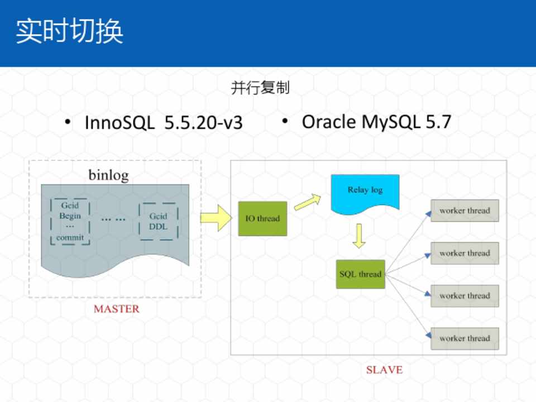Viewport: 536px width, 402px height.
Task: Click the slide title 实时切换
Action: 69,31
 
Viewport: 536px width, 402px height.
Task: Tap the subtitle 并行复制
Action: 260,88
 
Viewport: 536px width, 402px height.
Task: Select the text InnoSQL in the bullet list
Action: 119,122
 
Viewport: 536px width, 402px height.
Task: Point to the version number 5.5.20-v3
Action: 203,122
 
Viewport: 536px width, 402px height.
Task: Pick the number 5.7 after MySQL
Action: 438,122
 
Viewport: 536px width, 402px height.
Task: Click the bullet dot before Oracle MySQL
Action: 285,121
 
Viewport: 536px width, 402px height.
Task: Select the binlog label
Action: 108,175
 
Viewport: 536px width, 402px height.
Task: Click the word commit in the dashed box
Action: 70,237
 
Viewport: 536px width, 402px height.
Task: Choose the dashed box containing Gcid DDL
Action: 158,221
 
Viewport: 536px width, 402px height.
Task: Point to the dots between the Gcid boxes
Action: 113,219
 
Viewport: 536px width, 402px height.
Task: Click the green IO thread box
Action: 262,218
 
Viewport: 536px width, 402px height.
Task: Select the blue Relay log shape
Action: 365,193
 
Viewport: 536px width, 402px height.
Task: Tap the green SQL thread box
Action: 361,274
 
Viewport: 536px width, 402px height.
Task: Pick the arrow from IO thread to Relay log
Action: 308,203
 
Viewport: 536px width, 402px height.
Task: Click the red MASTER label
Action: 116,309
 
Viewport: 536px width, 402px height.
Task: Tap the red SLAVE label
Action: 384,370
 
